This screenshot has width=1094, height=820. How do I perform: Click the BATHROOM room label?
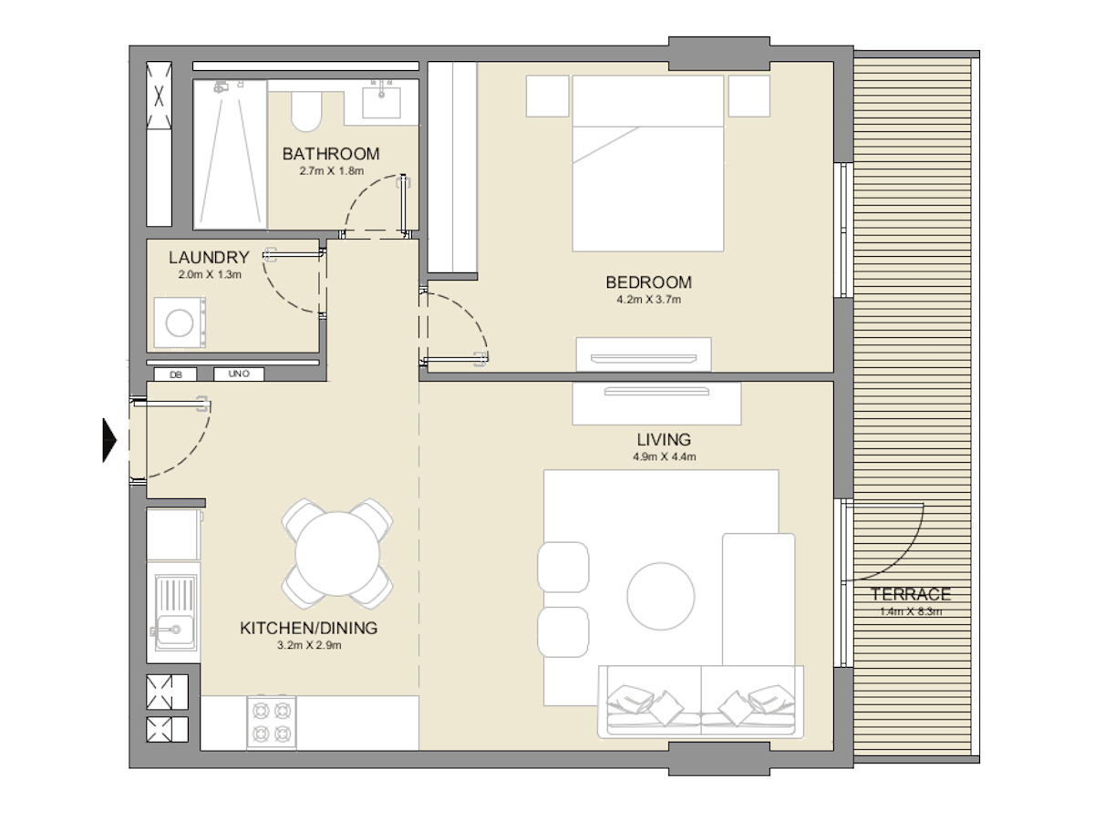(x=331, y=154)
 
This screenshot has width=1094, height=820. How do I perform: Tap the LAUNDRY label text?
(x=209, y=258)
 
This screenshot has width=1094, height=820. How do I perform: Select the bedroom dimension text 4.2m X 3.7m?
(x=648, y=300)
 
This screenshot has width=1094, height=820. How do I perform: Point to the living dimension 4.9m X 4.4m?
(x=665, y=456)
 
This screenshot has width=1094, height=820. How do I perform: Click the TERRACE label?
(x=911, y=594)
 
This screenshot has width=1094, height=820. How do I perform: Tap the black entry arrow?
(x=109, y=441)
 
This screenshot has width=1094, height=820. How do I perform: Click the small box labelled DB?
(x=175, y=374)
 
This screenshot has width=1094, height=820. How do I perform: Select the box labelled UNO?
(x=239, y=374)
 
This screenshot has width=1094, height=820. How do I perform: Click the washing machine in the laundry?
(x=180, y=323)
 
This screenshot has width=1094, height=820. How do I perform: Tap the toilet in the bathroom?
(x=306, y=111)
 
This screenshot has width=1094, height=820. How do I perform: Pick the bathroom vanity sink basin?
(x=381, y=103)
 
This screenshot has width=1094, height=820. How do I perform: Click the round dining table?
(x=337, y=554)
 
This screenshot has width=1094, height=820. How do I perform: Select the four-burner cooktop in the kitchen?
(x=272, y=723)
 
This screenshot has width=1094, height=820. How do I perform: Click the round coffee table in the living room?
(x=660, y=596)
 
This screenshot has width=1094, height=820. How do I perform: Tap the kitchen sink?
(x=176, y=613)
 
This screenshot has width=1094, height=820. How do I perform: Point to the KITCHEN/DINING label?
(x=309, y=629)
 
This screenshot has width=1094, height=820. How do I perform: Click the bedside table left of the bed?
(x=547, y=96)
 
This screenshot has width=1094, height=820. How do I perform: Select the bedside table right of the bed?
(x=749, y=96)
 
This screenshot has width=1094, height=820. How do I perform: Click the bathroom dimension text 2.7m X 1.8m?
(x=332, y=171)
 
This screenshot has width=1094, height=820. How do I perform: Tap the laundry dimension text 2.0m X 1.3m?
(x=210, y=275)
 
